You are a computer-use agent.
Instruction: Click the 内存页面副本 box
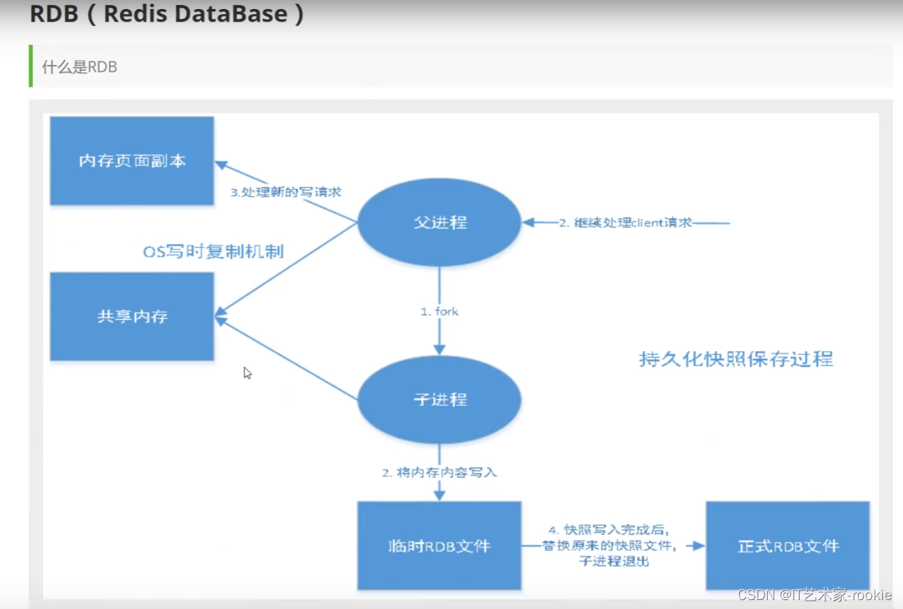[x=132, y=161]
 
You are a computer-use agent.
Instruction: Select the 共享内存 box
[x=132, y=316]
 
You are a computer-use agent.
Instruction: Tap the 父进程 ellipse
[x=439, y=223]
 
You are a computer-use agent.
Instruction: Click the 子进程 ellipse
[x=439, y=400]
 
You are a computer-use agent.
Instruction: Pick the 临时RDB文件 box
[x=439, y=545]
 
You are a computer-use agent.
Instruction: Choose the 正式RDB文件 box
[x=788, y=545]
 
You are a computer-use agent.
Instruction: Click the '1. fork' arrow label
[x=439, y=311]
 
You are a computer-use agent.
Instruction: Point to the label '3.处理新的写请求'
[x=286, y=192]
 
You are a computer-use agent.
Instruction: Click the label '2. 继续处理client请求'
[x=626, y=223]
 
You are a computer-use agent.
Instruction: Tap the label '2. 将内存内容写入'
[x=439, y=472]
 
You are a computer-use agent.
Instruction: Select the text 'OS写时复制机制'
[x=213, y=252]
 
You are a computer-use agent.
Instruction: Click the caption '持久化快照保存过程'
[x=736, y=359]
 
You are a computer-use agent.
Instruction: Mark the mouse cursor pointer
[x=247, y=372]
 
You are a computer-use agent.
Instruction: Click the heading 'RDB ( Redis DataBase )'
[x=167, y=15]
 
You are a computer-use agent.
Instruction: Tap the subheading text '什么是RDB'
[x=79, y=67]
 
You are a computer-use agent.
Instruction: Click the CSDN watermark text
[x=814, y=595]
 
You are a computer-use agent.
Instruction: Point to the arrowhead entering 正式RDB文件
[x=699, y=546]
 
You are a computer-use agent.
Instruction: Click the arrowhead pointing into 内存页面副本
[x=221, y=165]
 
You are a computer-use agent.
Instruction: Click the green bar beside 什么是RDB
[x=31, y=66]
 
